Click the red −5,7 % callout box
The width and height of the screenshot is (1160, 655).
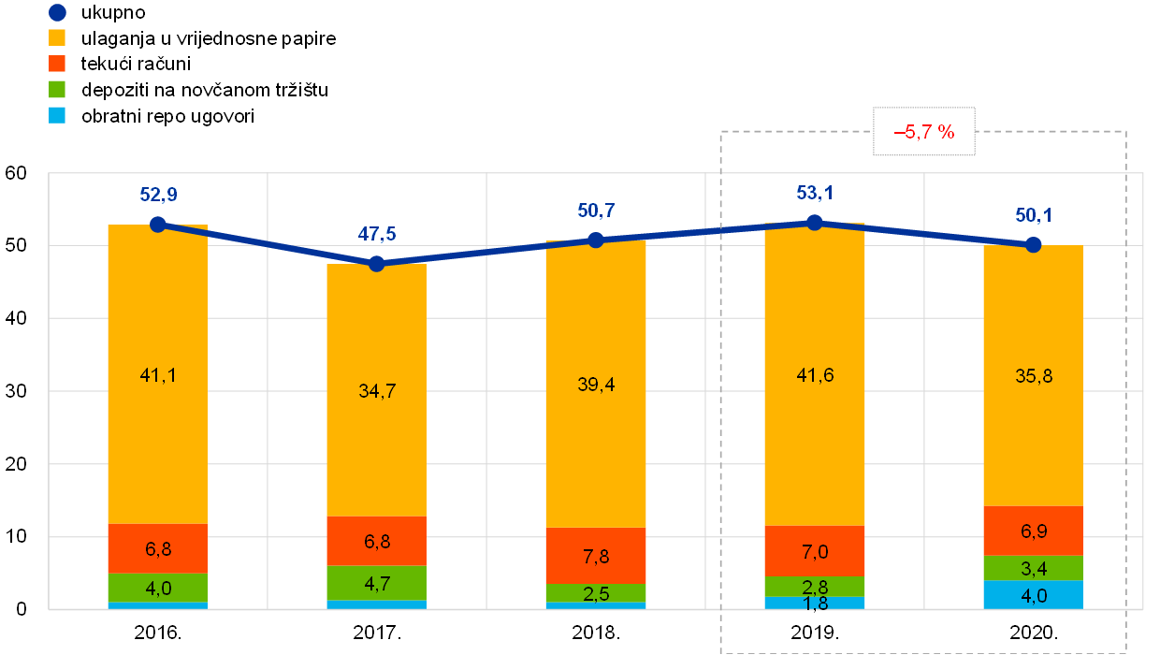924,132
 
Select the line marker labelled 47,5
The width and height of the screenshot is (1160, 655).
376,264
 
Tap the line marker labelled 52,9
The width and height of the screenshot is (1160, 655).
157,225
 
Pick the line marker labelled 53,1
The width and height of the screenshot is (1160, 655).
814,222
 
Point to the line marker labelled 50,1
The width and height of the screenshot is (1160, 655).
1033,245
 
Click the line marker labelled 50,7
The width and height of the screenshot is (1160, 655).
595,240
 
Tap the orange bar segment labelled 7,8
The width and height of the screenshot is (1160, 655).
595,556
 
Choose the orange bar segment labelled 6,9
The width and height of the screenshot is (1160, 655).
1033,531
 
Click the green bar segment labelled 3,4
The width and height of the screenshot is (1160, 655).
1033,568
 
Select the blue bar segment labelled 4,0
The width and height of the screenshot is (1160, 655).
1033,595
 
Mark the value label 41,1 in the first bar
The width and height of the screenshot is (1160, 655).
157,375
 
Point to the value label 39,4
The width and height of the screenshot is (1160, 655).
595,385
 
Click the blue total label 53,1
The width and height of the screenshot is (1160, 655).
814,194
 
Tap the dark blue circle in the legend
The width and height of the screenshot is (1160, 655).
57,13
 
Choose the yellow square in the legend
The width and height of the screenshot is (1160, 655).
57,38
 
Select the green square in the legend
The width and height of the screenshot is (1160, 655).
57,90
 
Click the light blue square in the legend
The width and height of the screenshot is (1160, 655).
57,115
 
